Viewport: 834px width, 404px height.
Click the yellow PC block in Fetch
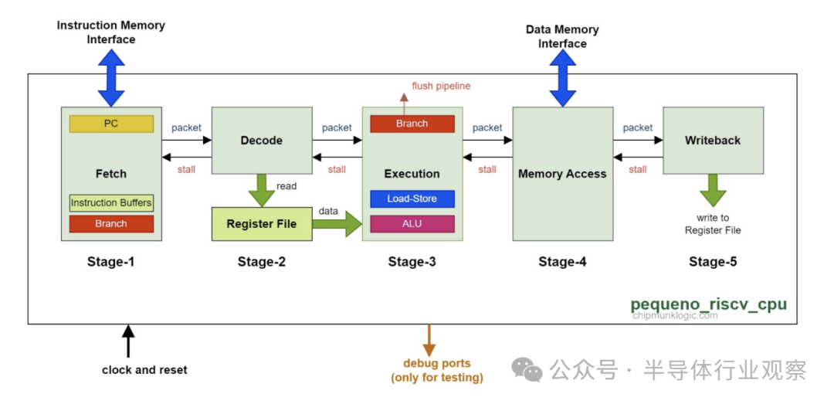[x=111, y=124]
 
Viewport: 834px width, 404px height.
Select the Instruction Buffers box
[x=111, y=203]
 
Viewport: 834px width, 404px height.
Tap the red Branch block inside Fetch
[x=111, y=224]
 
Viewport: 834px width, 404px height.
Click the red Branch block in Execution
[x=412, y=124]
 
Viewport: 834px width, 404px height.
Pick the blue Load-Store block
[x=412, y=199]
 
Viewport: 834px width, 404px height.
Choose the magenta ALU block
[x=412, y=224]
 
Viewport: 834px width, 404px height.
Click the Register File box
[x=261, y=224]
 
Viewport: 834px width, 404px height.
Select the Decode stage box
[x=261, y=141]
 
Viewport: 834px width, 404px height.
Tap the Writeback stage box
[x=712, y=141]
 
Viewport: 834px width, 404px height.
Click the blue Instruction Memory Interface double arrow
[x=111, y=77]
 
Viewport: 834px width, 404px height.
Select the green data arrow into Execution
[x=340, y=224]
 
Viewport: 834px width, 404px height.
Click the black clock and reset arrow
[x=128, y=341]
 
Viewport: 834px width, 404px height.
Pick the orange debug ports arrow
[x=429, y=340]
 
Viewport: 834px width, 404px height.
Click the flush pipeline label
[x=441, y=86]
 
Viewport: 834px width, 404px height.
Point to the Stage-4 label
[x=562, y=262]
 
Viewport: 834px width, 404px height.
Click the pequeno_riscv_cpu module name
[x=708, y=304]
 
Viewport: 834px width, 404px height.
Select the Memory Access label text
[x=562, y=174]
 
